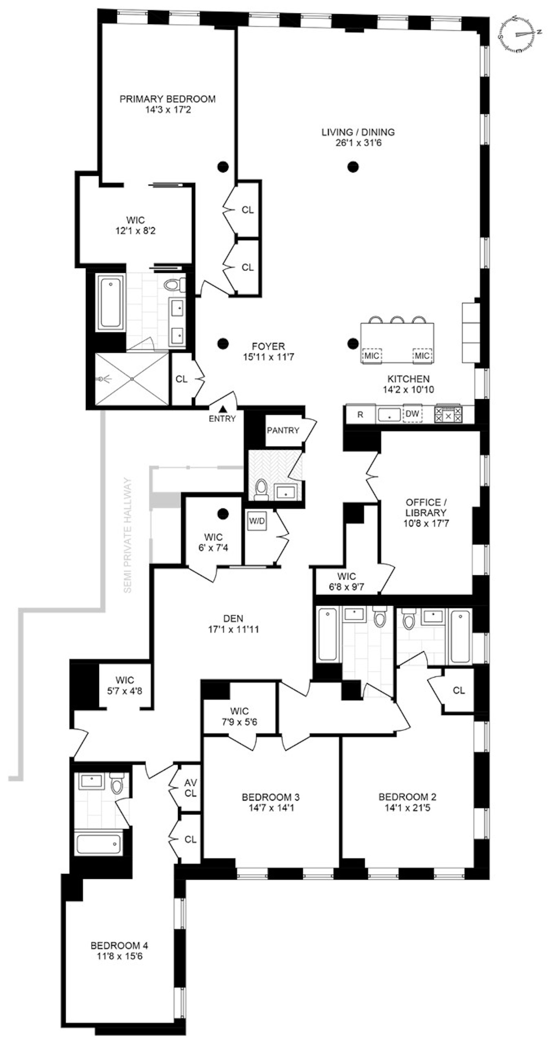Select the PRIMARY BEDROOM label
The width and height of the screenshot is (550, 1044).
pos(167,99)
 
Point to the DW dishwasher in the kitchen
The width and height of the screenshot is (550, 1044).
pos(412,414)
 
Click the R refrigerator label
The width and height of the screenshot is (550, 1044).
pos(360,415)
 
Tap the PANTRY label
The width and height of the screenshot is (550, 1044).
pos(283,430)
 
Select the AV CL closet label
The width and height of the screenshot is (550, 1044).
pos(190,788)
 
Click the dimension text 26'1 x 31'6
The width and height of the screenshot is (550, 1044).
pos(358,143)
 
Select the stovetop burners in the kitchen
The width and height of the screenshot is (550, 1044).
pos(448,415)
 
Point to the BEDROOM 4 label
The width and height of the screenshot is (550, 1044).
pos(119,946)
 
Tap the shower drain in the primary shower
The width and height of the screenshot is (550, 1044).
pos(132,379)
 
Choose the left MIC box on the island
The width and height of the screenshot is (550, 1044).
pos(371,355)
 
